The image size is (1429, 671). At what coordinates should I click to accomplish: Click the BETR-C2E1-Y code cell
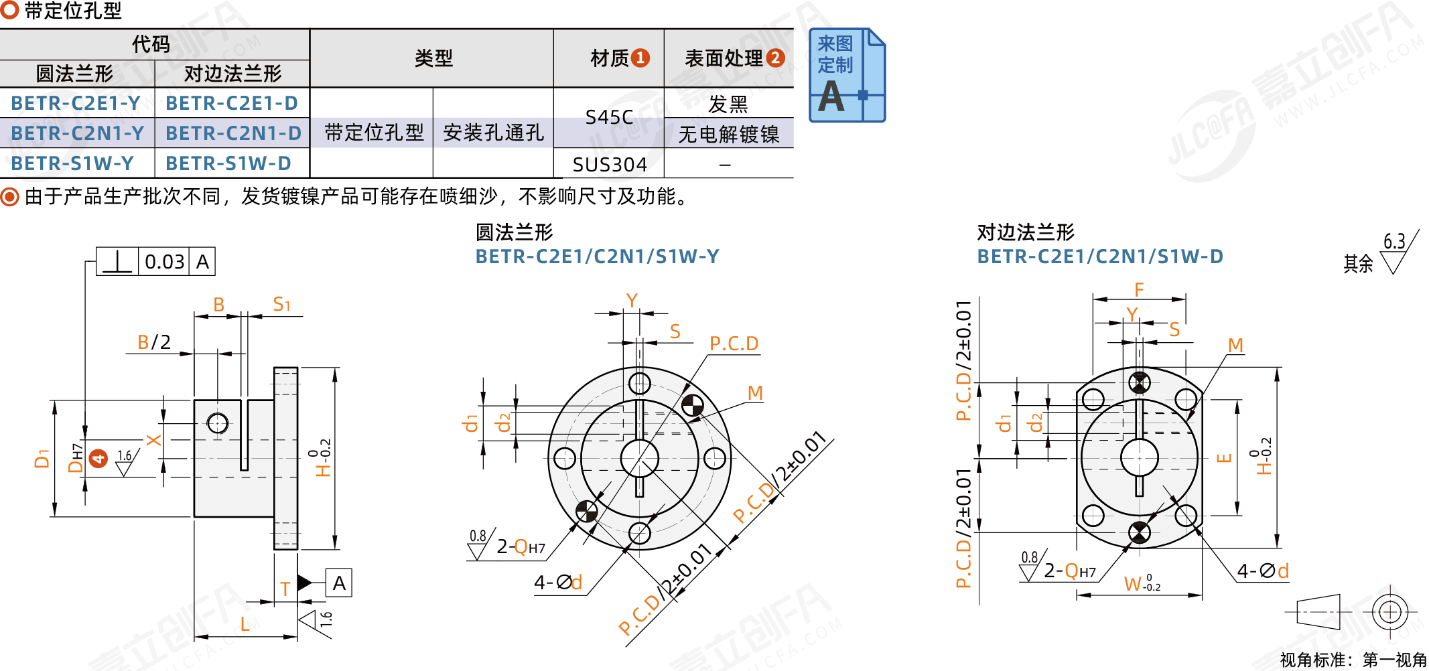point(76,103)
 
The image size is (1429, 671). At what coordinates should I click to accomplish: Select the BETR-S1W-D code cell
point(228,163)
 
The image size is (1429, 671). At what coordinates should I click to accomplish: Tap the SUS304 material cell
point(609,164)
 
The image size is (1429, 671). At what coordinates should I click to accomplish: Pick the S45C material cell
point(609,117)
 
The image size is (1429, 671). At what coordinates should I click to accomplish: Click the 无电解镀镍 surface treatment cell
point(728,134)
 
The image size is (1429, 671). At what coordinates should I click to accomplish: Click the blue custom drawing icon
point(847,75)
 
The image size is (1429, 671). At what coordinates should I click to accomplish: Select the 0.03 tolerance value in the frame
point(164,262)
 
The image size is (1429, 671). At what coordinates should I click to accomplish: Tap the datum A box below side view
point(339,583)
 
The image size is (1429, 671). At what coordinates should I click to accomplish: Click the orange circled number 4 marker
point(98,459)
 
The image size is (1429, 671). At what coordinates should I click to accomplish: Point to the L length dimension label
point(245,624)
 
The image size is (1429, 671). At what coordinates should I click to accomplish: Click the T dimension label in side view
point(285,589)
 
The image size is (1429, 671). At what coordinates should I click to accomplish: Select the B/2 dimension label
point(154,342)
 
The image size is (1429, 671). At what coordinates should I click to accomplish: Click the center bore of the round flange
point(640,459)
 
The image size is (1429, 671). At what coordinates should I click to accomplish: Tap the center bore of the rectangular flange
point(1139,458)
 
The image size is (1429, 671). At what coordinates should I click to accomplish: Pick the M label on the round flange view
point(755,393)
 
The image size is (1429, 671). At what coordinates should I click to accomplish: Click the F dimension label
point(1139,290)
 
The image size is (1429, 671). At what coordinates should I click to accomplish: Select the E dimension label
point(1224,458)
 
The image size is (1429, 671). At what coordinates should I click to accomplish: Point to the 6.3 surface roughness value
point(1394,241)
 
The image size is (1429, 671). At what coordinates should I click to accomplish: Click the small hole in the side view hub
point(218,423)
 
